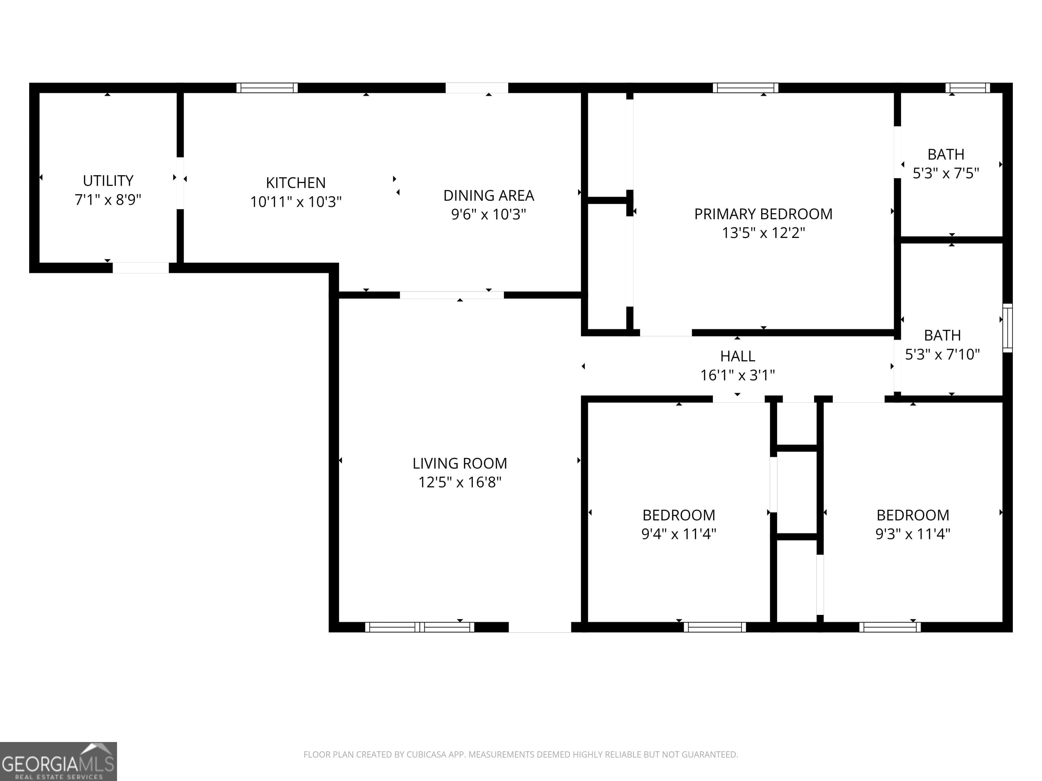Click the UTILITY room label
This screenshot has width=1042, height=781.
[108, 181]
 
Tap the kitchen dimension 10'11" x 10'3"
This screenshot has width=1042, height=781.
[295, 202]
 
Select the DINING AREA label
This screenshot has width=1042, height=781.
[488, 195]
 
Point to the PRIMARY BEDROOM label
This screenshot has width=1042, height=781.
[763, 214]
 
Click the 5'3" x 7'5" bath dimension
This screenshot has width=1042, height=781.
[946, 174]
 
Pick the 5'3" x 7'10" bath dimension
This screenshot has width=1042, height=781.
[942, 355]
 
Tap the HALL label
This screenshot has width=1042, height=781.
[737, 356]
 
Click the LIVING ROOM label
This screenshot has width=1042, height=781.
[460, 464]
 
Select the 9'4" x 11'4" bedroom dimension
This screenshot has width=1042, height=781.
[678, 534]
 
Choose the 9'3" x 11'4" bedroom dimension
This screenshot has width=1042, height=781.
[912, 534]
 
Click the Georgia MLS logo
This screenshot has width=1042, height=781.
[58, 761]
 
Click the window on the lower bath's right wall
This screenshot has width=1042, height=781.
[1007, 328]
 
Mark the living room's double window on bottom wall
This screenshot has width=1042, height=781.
[419, 627]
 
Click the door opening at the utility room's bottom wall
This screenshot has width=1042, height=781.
[140, 268]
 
